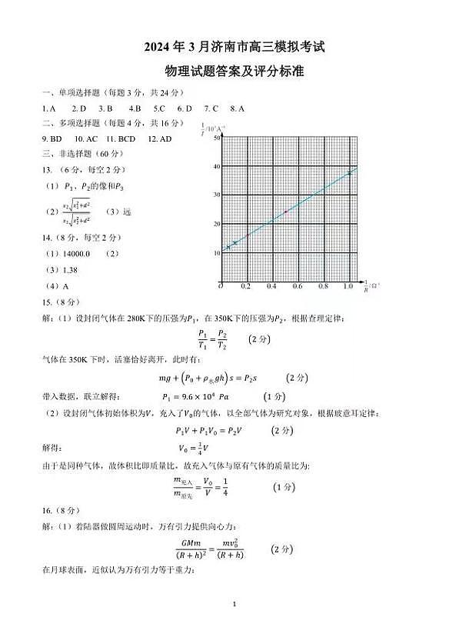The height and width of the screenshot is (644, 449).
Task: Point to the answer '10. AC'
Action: (x=86, y=138)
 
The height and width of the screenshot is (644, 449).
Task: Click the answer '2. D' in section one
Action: (x=78, y=108)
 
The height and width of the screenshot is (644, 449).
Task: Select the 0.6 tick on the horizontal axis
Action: (x=297, y=286)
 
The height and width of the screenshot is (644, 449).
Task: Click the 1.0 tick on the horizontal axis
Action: (x=348, y=286)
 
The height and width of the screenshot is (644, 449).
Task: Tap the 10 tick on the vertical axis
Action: (x=216, y=252)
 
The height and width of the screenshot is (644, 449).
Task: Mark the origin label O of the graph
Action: (x=221, y=285)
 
